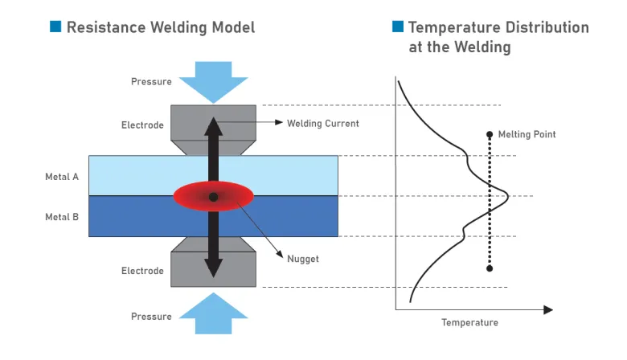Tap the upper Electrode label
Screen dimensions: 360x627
tap(142, 125)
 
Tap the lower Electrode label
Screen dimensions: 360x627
tap(142, 271)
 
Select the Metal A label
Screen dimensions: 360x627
tap(62, 176)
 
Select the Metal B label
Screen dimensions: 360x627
tap(62, 216)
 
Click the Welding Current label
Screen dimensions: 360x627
tap(323, 124)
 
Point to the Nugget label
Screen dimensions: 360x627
tap(303, 259)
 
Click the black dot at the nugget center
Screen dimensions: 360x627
tap(213, 197)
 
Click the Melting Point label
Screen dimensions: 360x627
tap(527, 134)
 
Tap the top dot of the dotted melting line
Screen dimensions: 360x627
tap(490, 135)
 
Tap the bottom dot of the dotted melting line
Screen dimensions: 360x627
tap(490, 268)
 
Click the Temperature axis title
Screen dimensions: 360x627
tap(469, 323)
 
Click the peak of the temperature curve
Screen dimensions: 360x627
tap(508, 194)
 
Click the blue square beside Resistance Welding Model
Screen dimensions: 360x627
tap(55, 27)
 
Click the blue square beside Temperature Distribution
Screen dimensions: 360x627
tap(397, 27)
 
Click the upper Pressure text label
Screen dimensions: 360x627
tap(151, 82)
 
